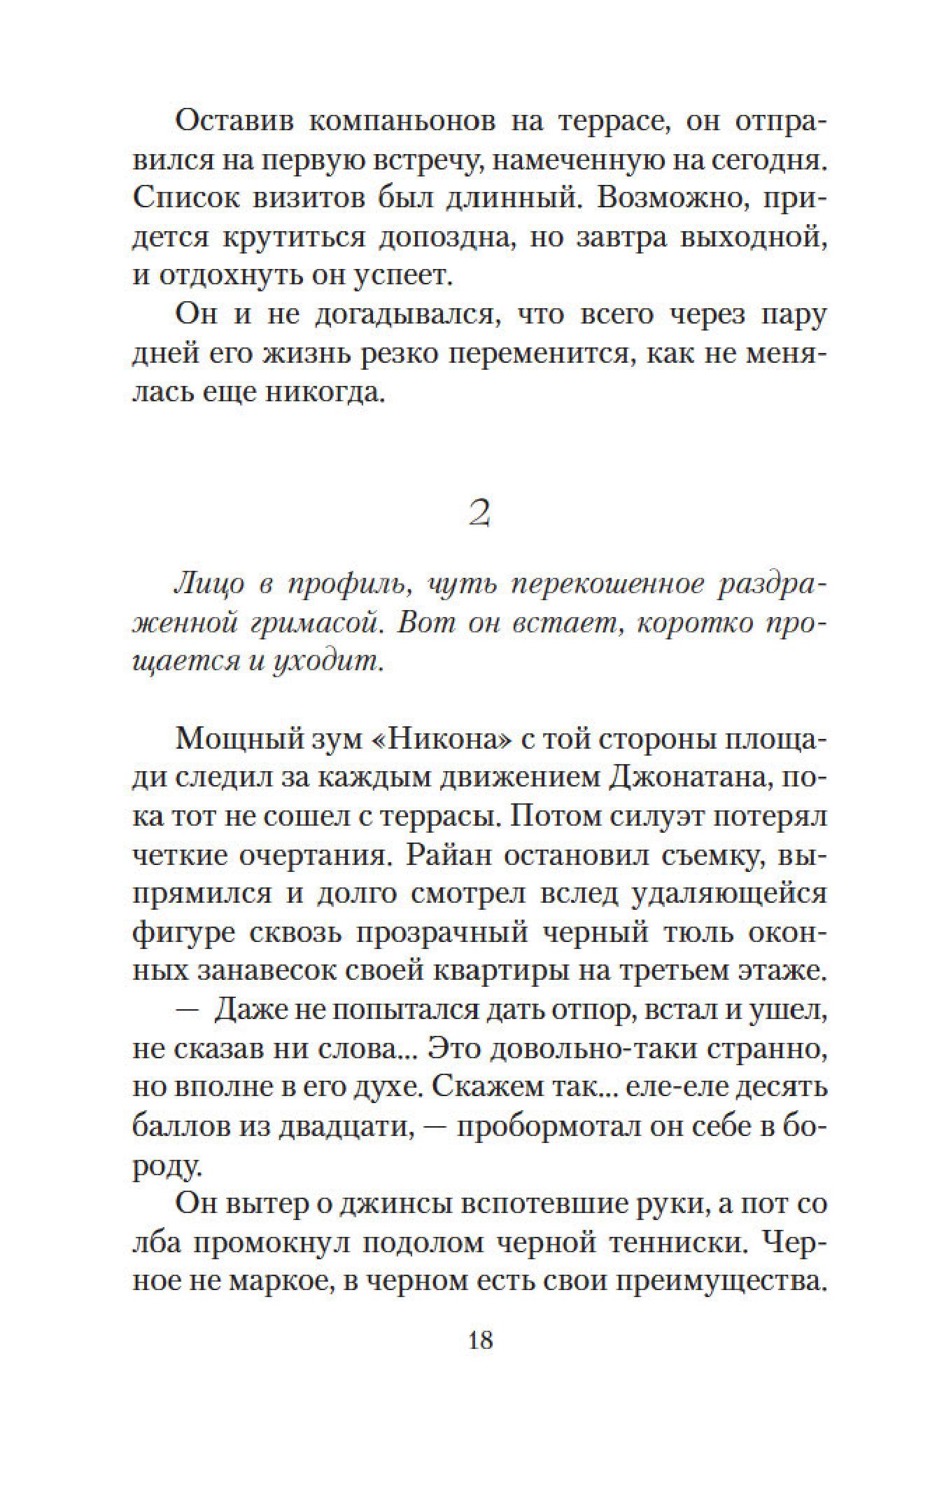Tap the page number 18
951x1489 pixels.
tap(479, 1341)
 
